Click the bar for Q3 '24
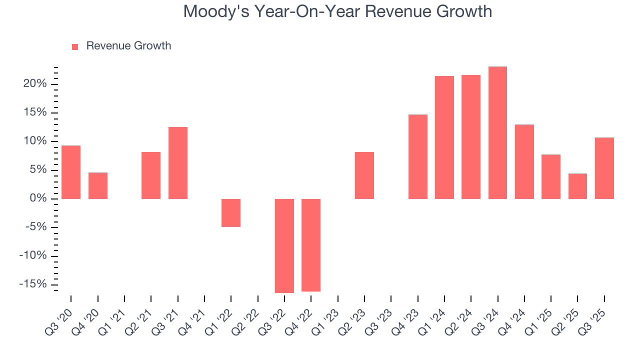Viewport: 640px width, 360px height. click(x=497, y=132)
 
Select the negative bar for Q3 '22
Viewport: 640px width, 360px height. click(x=284, y=245)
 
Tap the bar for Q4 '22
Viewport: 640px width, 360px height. click(x=311, y=245)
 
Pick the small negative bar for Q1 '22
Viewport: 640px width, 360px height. click(x=231, y=213)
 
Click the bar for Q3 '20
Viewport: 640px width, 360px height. click(x=71, y=172)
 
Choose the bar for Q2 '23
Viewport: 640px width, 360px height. click(x=364, y=175)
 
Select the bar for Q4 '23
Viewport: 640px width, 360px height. click(x=417, y=156)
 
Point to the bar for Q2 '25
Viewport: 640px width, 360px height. click(x=577, y=186)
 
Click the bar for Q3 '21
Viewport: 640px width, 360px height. click(x=178, y=163)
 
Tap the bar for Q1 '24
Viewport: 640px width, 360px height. click(x=444, y=137)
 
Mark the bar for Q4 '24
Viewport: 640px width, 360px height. click(x=524, y=161)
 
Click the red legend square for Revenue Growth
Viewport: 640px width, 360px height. click(x=75, y=46)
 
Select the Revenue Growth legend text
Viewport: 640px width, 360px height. click(x=128, y=46)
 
